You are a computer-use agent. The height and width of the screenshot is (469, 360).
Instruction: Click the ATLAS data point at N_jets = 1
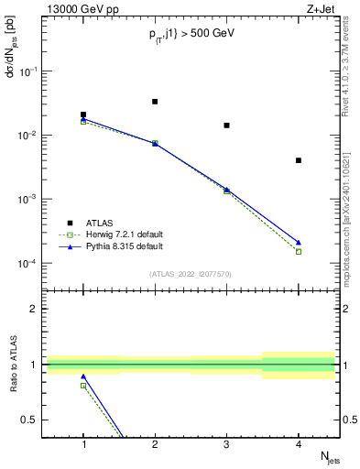pyautogui.click(x=83, y=115)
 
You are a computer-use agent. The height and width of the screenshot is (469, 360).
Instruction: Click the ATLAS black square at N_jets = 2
pyautogui.click(x=155, y=102)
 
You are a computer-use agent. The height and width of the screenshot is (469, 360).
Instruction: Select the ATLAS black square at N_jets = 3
pyautogui.click(x=226, y=125)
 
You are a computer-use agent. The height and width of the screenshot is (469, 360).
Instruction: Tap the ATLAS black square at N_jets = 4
pyautogui.click(x=299, y=160)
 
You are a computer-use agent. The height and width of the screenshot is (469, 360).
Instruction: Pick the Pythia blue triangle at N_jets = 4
pyautogui.click(x=299, y=243)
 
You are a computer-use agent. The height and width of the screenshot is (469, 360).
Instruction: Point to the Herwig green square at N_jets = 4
pyautogui.click(x=299, y=251)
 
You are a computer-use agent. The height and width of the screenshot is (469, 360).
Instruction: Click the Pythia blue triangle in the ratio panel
pyautogui.click(x=83, y=376)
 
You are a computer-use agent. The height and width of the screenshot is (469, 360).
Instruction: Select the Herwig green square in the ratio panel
pyautogui.click(x=83, y=386)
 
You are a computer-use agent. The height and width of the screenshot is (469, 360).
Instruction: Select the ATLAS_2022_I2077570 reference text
pyautogui.click(x=190, y=274)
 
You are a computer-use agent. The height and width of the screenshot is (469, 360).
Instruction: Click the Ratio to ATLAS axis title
pyautogui.click(x=12, y=367)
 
